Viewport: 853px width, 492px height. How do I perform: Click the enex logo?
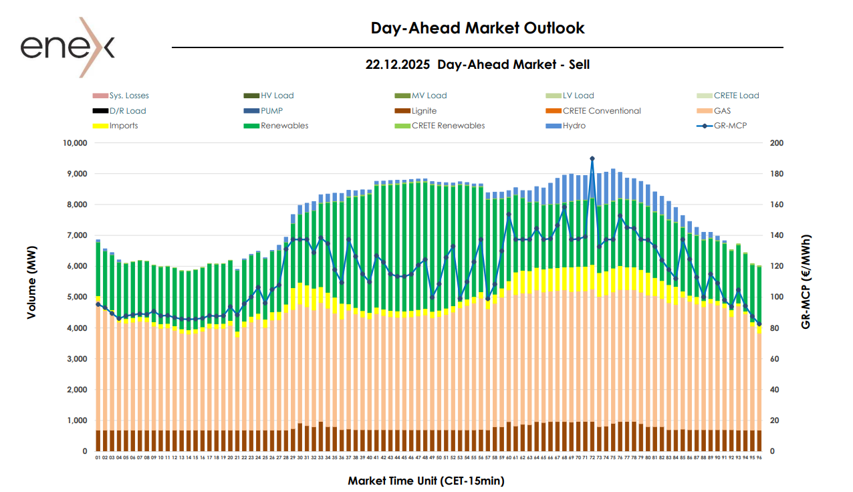(x=68, y=47)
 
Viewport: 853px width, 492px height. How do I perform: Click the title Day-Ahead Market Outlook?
(x=477, y=28)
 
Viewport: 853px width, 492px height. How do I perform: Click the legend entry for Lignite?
(x=424, y=111)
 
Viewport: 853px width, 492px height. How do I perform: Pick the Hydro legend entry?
(x=574, y=126)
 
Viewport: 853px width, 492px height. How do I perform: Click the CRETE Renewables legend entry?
(x=448, y=126)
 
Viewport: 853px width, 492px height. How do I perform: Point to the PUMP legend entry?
(x=274, y=111)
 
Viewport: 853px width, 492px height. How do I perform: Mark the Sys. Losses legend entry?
(x=129, y=96)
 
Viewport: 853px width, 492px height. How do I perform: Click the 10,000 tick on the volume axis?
(x=75, y=143)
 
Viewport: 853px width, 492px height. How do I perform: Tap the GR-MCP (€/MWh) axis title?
(x=806, y=282)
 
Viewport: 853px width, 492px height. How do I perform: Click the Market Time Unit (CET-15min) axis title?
(x=426, y=481)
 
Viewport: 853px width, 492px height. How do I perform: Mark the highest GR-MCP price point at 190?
(x=592, y=158)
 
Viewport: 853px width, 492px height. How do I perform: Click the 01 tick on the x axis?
(x=98, y=458)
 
